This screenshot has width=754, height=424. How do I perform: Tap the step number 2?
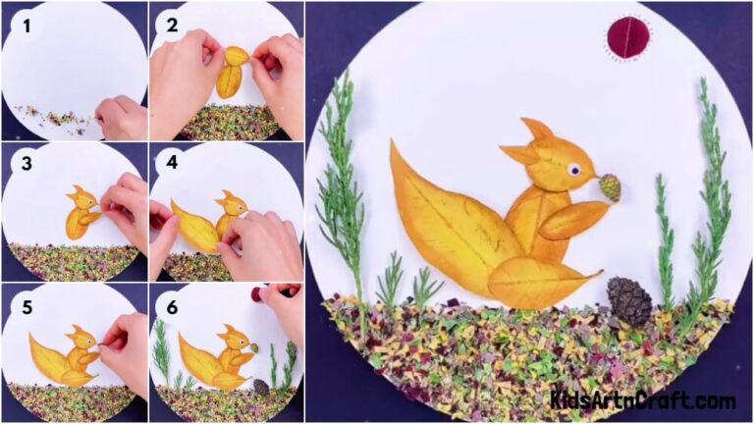[x=172, y=26]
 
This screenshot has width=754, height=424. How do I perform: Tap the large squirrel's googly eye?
[x=571, y=170]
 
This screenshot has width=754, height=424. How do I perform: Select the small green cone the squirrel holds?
[x=610, y=186]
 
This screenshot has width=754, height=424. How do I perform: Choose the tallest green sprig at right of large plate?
[x=712, y=186]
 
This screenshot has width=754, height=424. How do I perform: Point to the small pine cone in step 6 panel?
[x=261, y=387]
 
